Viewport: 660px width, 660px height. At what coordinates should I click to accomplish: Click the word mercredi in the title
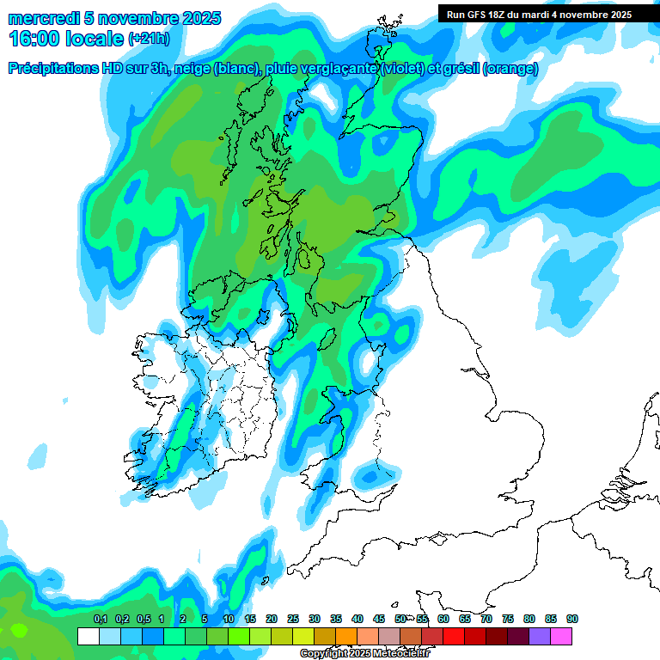click(x=43, y=18)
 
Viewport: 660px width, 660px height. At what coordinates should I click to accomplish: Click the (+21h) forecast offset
click(x=149, y=39)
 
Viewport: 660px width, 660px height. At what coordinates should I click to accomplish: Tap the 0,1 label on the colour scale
click(x=100, y=619)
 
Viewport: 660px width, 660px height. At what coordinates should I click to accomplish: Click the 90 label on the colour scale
click(x=572, y=619)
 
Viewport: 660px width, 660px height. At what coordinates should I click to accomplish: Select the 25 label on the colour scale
click(x=293, y=619)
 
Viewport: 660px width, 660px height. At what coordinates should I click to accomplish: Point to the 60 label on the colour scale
click(x=443, y=619)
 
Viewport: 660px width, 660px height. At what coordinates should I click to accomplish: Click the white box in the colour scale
click(x=88, y=636)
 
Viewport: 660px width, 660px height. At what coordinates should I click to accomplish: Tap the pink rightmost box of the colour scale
click(x=561, y=636)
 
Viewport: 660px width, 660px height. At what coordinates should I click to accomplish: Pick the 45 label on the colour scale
click(x=379, y=619)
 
